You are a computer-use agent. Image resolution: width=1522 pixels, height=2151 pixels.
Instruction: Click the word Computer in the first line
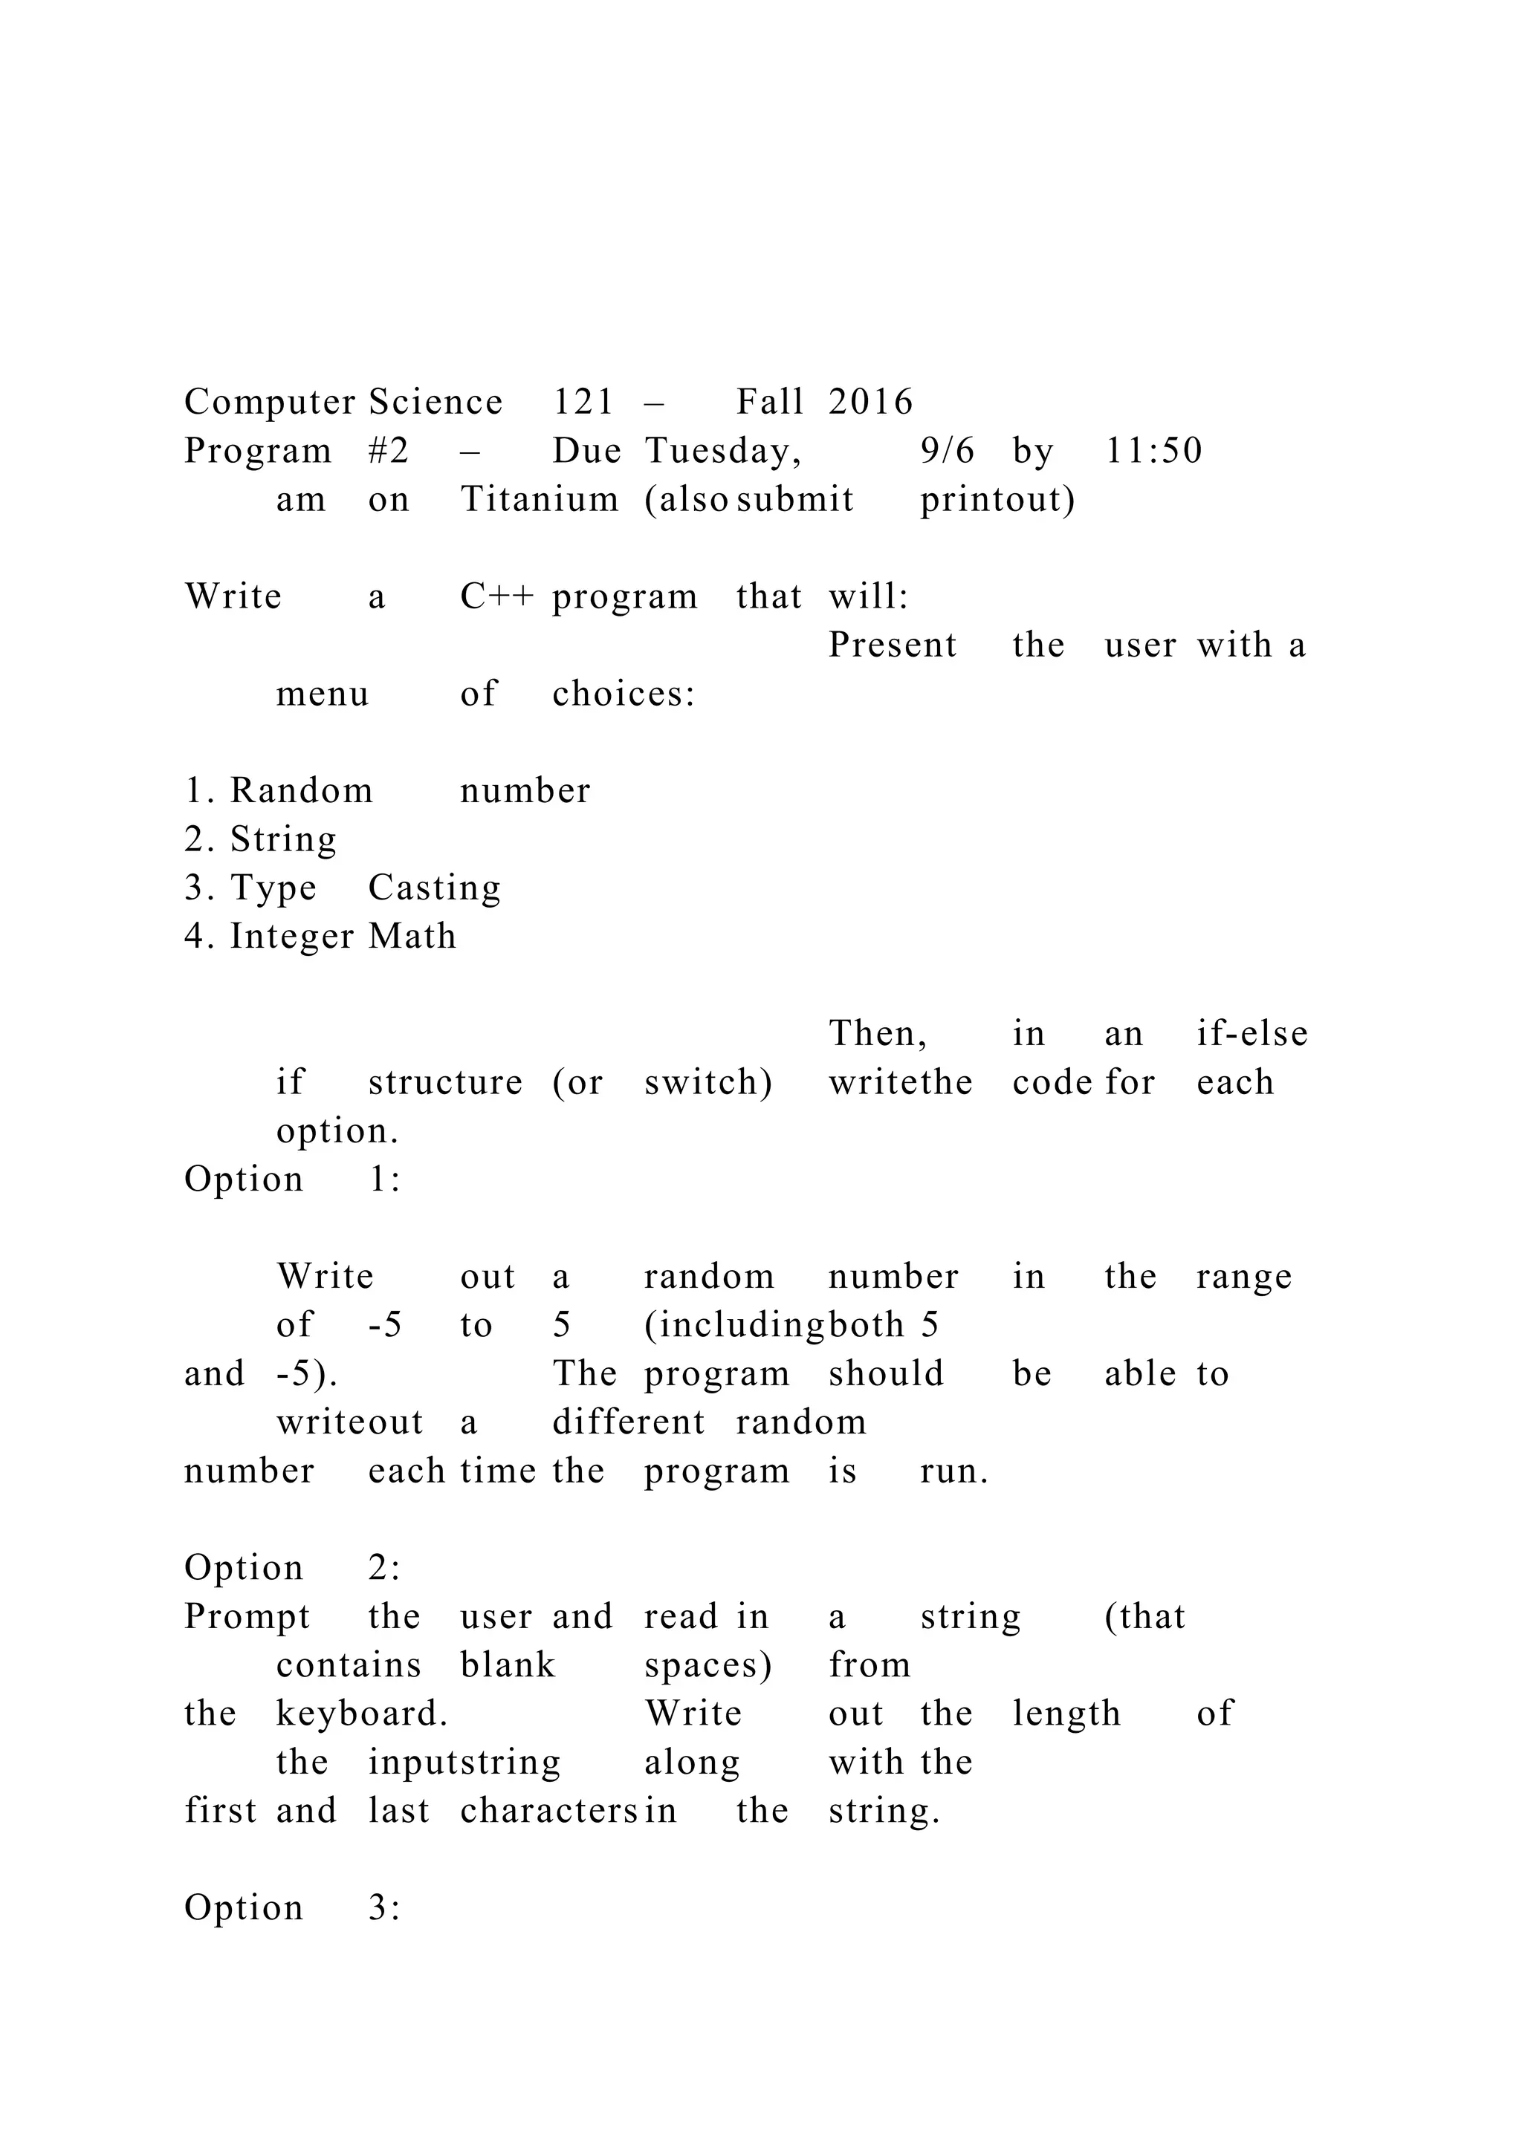269,403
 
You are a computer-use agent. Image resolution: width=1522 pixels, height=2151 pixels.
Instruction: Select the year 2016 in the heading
871,402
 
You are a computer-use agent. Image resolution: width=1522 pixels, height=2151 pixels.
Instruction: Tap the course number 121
583,402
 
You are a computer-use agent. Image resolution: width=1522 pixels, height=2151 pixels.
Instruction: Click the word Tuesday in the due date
722,451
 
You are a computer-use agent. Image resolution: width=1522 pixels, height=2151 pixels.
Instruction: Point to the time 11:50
1153,451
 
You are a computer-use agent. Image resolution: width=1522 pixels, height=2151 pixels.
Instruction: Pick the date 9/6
947,451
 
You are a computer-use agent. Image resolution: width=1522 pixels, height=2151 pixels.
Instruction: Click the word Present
893,645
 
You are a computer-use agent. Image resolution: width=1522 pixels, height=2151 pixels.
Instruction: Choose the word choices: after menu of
624,694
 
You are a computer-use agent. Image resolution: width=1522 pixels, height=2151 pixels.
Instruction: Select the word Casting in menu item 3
434,888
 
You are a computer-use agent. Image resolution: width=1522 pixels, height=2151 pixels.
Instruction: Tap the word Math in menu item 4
412,936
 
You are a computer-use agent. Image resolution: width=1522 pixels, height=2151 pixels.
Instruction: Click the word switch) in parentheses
708,1082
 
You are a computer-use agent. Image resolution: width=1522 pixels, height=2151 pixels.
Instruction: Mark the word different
628,1422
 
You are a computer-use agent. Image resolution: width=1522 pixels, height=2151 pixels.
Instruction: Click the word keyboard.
362,1714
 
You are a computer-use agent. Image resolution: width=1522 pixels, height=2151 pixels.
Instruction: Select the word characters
549,1810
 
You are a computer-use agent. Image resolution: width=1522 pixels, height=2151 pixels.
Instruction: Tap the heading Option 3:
292,1907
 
